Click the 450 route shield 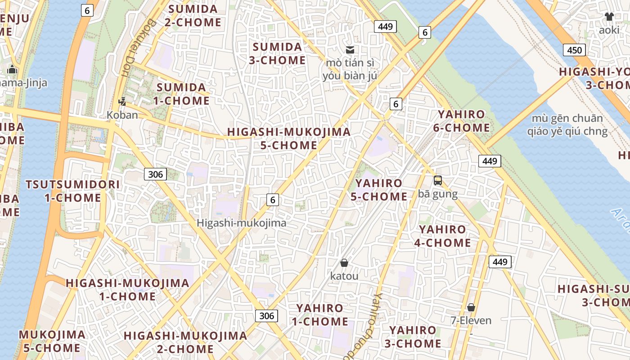(575, 50)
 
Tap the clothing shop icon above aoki (609, 17)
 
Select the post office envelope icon (350, 50)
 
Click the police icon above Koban (122, 101)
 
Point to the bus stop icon (437, 180)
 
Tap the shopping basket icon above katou (344, 262)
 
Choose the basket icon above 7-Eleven (471, 307)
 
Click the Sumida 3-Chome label (277, 54)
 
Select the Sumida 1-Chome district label (181, 94)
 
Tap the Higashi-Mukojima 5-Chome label (289, 139)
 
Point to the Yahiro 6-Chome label (461, 121)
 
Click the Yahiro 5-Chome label (381, 190)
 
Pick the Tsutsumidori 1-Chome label (73, 191)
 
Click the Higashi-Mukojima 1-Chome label (127, 290)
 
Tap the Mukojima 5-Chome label (52, 341)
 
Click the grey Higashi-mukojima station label (242, 223)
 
